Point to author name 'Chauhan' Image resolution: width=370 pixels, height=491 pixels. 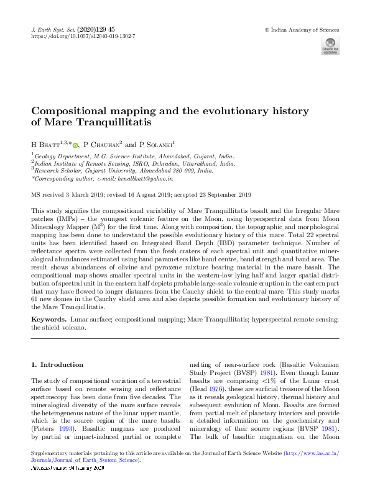(x=104, y=144)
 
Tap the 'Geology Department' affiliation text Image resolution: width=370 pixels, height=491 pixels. (x=62, y=156)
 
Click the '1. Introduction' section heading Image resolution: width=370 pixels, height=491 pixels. (x=57, y=364)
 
